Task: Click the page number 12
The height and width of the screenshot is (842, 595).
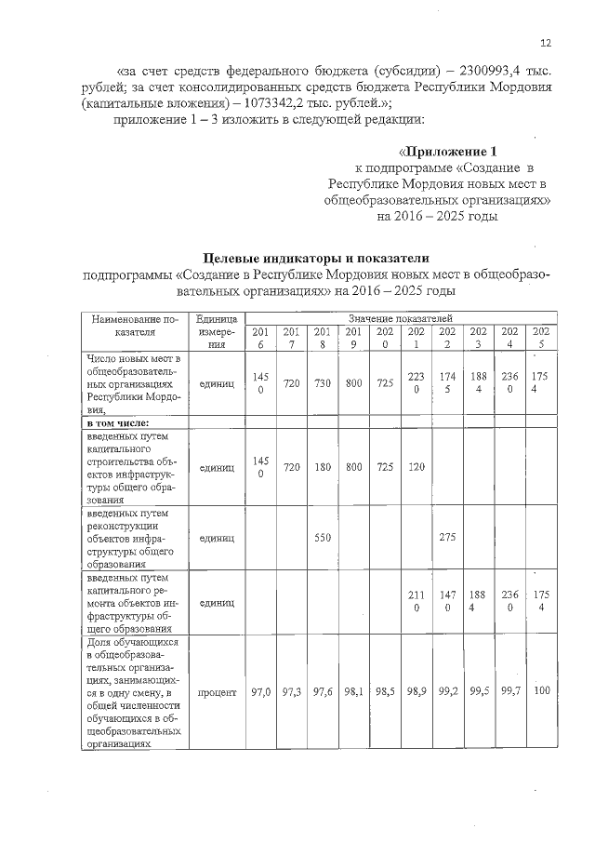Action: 545,43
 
